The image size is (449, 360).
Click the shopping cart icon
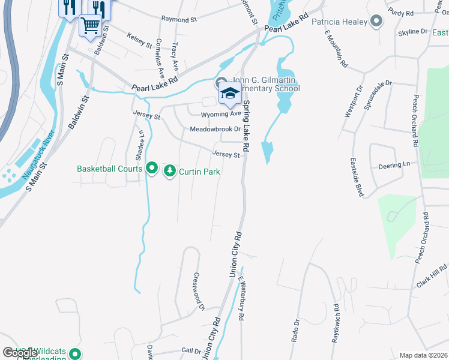[90, 25]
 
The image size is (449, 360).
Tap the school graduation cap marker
[229, 94]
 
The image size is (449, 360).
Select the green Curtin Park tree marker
[170, 172]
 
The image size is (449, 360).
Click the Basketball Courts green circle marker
[152, 169]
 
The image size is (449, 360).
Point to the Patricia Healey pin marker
[376, 22]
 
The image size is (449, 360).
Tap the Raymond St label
[179, 20]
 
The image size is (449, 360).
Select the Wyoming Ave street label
[220, 113]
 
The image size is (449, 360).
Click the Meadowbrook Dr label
[215, 129]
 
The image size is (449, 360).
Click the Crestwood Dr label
[198, 292]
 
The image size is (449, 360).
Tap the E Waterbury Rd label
[241, 298]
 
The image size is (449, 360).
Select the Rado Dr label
[297, 331]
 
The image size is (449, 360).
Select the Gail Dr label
[191, 350]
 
